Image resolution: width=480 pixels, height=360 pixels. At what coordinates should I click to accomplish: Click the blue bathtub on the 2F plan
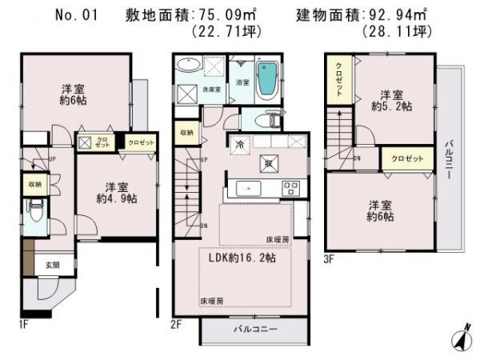pos(269,80)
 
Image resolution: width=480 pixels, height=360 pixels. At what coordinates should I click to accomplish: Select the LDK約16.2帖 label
pos(244,258)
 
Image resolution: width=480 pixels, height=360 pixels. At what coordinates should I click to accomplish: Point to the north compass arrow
pos(461,338)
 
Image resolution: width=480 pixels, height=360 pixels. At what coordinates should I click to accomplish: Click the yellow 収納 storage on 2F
pos(186,133)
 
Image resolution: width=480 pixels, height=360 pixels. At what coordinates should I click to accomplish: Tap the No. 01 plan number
pos(76,14)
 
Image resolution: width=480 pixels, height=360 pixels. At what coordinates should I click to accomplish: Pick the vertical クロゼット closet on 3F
pos(338,79)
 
